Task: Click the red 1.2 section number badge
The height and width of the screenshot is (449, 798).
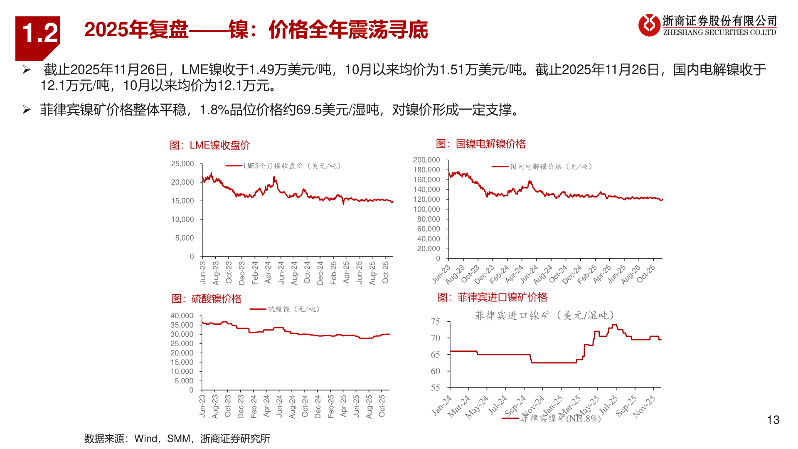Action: click(x=38, y=34)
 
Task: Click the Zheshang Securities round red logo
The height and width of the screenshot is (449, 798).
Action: click(x=649, y=25)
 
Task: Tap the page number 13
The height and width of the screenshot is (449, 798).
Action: click(x=773, y=420)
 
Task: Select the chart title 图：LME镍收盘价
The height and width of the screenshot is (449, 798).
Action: click(x=210, y=145)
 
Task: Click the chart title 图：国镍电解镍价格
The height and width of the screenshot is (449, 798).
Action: click(x=480, y=144)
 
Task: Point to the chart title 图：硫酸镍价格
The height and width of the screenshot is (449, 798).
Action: click(x=207, y=299)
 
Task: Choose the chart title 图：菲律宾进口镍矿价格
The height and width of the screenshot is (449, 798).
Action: click(x=492, y=297)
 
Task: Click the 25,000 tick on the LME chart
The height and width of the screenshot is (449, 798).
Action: click(x=182, y=164)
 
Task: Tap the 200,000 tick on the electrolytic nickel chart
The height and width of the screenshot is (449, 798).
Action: click(x=426, y=160)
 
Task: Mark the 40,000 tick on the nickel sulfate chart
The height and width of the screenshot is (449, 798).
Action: click(x=182, y=316)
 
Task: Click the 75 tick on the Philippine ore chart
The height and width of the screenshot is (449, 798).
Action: click(x=435, y=321)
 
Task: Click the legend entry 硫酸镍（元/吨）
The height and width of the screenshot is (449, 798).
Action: click(x=293, y=309)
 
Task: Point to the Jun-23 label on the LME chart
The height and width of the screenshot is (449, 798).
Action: click(x=203, y=272)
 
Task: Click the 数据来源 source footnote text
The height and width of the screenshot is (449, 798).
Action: click(x=177, y=439)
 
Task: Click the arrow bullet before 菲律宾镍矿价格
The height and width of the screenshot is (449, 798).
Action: click(x=27, y=110)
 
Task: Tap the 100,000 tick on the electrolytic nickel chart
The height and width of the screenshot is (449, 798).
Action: click(x=426, y=209)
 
